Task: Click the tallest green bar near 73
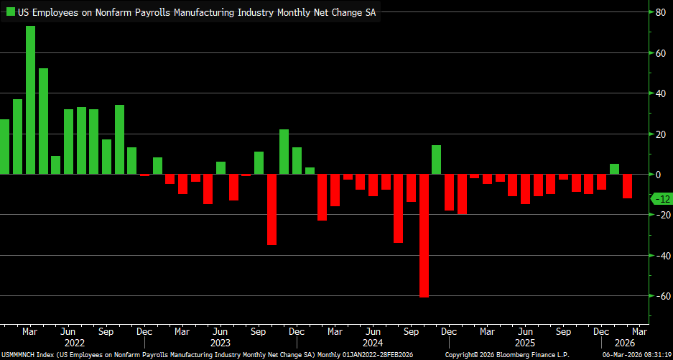[x=31, y=100]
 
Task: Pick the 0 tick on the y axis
[x=656, y=174]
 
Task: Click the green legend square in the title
[x=11, y=12]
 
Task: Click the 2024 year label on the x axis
[x=373, y=343]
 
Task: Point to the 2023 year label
[x=221, y=343]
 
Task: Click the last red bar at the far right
[x=627, y=186]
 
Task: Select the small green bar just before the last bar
[x=614, y=169]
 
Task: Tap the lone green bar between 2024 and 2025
[x=436, y=160]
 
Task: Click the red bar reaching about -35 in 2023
[x=271, y=209]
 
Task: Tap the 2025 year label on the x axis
[x=525, y=343]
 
